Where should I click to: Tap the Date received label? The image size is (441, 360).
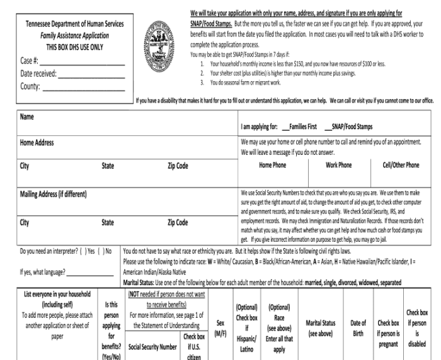[x=37, y=74]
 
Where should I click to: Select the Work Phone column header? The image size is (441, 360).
[x=339, y=166]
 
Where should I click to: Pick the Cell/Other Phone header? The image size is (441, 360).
[x=401, y=166]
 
